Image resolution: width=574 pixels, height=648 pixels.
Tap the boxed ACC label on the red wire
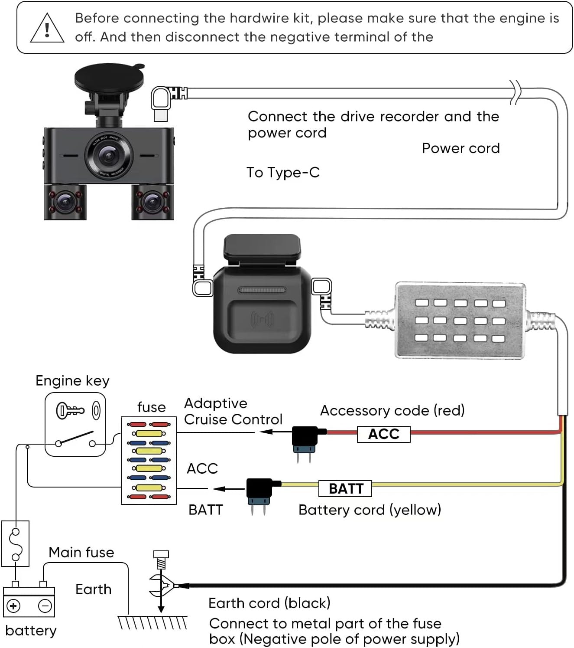[383, 434]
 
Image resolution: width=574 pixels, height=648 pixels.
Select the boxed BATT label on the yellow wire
[345, 488]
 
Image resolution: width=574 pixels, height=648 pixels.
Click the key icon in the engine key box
[69, 410]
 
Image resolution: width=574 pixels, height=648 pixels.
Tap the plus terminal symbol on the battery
[13, 605]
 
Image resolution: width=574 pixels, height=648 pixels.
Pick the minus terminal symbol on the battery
[45, 605]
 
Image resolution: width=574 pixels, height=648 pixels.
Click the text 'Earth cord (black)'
[269, 603]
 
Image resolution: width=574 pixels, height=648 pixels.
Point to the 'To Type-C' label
[283, 173]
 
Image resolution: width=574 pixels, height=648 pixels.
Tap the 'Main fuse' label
[81, 552]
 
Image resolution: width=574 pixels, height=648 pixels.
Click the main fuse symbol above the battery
[15, 544]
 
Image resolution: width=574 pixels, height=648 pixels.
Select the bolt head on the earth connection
[161, 554]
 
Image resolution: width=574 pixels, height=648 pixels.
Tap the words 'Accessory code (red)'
[392, 410]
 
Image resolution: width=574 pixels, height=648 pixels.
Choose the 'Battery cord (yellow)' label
[370, 510]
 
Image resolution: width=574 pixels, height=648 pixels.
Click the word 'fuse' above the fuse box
[151, 407]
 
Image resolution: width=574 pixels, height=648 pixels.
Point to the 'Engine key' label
[72, 381]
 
